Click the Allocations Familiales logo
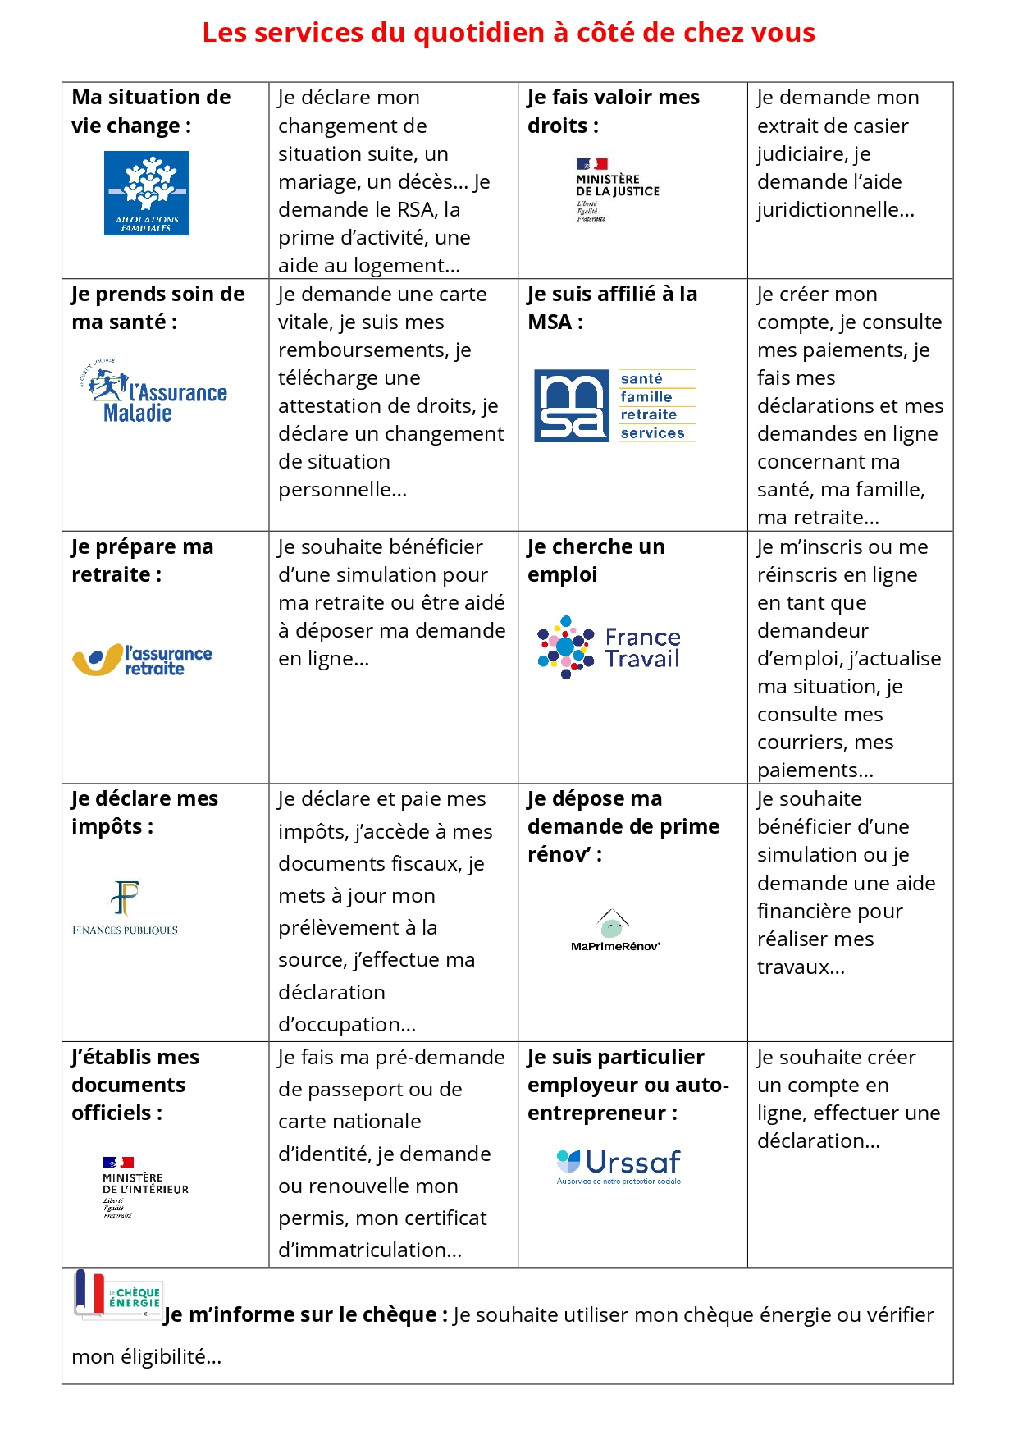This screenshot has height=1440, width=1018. pyautogui.click(x=147, y=193)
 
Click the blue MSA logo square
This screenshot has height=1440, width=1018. pyautogui.click(x=572, y=405)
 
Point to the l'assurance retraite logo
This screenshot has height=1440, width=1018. pyautogui.click(x=143, y=660)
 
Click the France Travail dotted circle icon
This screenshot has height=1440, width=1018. pyautogui.click(x=565, y=647)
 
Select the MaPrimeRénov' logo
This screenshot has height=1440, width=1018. pyautogui.click(x=615, y=930)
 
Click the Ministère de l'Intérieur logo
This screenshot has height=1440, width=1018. pyautogui.click(x=144, y=1187)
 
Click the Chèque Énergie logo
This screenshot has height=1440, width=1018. pyautogui.click(x=120, y=1294)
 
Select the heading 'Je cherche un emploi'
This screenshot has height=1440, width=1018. pyautogui.click(x=596, y=560)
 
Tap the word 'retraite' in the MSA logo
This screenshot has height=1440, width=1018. pyautogui.click(x=648, y=415)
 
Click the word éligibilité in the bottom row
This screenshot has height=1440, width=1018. pyautogui.click(x=162, y=1357)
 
